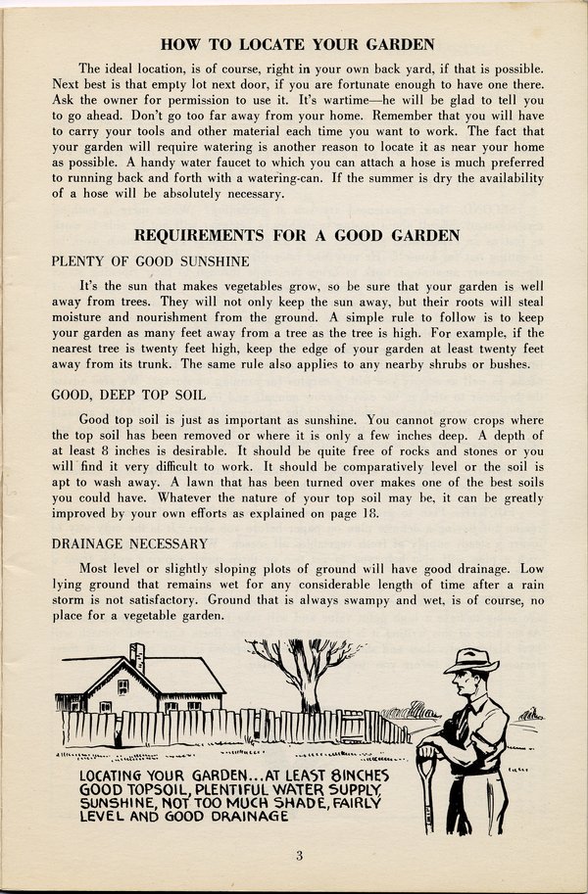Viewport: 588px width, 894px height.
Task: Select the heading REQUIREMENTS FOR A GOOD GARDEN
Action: [x=297, y=235]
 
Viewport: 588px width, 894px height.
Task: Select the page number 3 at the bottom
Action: [x=299, y=856]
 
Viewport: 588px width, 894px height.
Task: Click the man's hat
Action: [x=470, y=662]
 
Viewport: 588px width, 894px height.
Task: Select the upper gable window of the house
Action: [x=122, y=686]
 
